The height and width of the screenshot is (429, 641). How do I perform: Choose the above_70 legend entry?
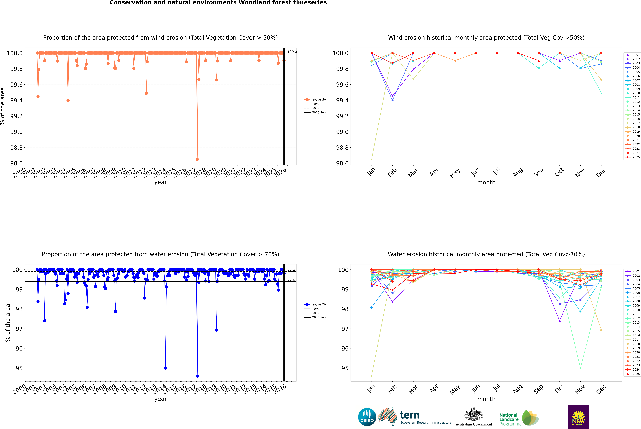[x=319, y=305]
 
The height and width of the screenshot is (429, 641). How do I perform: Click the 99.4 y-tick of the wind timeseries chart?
[x=16, y=100]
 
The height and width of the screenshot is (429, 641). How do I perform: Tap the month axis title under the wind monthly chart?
[x=486, y=183]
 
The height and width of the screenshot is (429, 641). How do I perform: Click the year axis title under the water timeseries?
[x=160, y=399]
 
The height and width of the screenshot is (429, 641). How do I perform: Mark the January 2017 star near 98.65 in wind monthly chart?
[x=372, y=159]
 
